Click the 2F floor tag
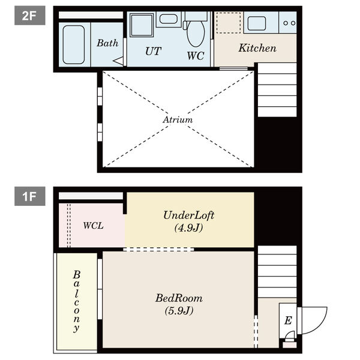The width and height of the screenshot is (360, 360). (x=30, y=16)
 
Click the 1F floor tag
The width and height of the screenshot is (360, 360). (x=30, y=196)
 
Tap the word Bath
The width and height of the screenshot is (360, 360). (x=107, y=43)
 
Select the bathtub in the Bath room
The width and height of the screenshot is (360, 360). (x=73, y=45)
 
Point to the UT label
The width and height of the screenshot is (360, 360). (x=153, y=51)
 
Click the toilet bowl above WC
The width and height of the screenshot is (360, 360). (x=196, y=33)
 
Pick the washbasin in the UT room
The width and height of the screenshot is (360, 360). (x=168, y=19)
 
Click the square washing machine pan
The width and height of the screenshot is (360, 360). (x=142, y=25)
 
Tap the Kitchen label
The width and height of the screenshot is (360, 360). (x=257, y=48)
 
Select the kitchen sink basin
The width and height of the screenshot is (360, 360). (x=257, y=23)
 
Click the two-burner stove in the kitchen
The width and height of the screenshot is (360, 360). (x=288, y=23)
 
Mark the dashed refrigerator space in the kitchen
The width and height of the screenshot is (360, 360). (x=229, y=23)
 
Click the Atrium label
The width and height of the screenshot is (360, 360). (x=178, y=119)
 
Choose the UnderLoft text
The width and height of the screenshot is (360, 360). (x=189, y=215)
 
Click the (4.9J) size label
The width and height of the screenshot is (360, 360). (x=188, y=228)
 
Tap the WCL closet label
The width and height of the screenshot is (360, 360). (x=93, y=226)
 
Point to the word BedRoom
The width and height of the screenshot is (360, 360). (x=179, y=298)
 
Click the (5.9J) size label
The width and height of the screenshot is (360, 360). (x=179, y=311)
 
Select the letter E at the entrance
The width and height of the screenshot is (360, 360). (x=288, y=320)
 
